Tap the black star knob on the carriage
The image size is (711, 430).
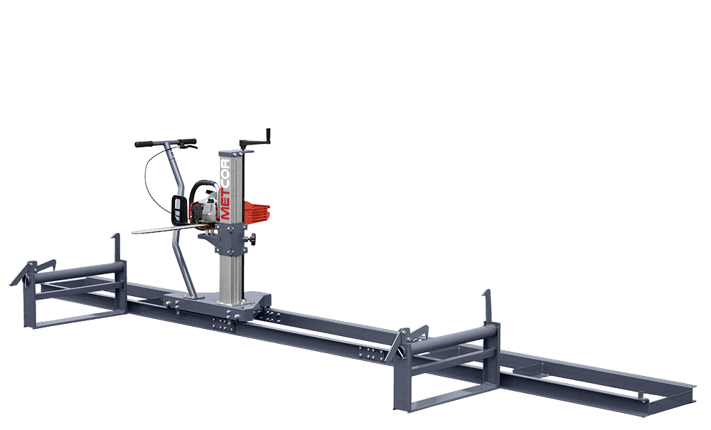point(251,238)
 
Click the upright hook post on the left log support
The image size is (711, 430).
point(117,248)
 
